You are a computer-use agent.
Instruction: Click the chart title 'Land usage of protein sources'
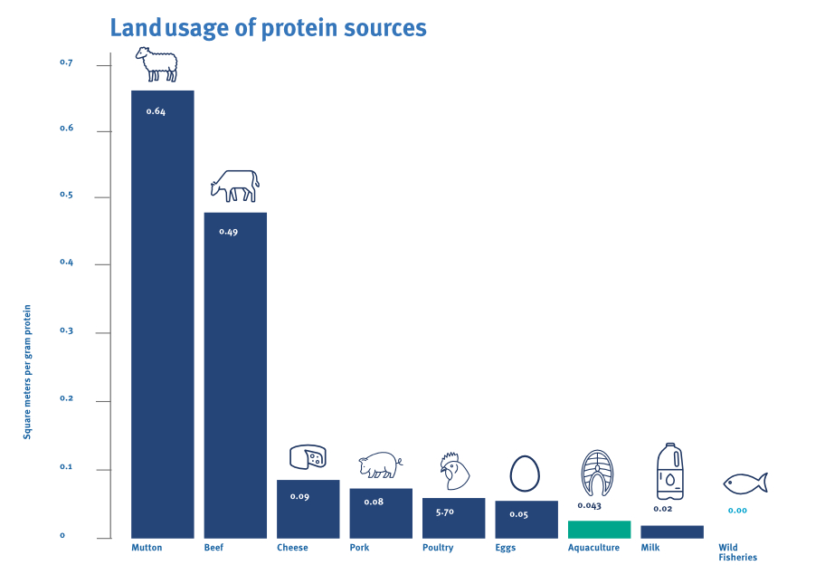click(268, 28)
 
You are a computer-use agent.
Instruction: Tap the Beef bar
click(235, 375)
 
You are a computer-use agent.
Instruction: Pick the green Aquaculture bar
click(599, 530)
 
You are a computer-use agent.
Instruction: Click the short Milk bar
click(671, 532)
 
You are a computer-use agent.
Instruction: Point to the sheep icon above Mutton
click(156, 65)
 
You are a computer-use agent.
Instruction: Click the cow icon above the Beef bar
click(235, 186)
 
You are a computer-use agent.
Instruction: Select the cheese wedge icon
click(308, 457)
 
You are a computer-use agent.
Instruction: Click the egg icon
click(525, 473)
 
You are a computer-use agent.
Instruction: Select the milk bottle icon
click(669, 471)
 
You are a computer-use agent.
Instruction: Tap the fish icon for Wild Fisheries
click(745, 483)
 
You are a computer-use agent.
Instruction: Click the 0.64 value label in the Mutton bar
click(156, 111)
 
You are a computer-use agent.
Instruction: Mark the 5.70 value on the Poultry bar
click(444, 512)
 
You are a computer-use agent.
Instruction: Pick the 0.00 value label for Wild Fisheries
click(737, 511)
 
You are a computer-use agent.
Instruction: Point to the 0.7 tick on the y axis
click(65, 62)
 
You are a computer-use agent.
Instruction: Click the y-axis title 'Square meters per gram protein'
click(27, 372)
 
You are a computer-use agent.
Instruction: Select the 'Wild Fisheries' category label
click(737, 552)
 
